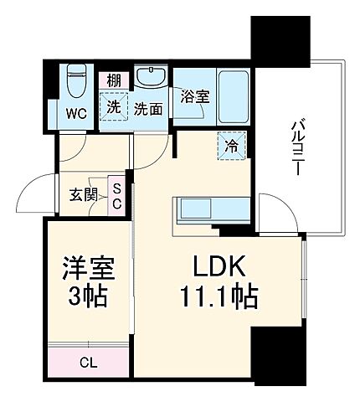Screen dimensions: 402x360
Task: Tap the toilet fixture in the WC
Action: click(76, 82)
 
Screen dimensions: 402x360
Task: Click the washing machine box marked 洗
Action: click(112, 106)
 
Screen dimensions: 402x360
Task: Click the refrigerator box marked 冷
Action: click(232, 145)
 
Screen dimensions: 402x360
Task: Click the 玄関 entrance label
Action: click(83, 196)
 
